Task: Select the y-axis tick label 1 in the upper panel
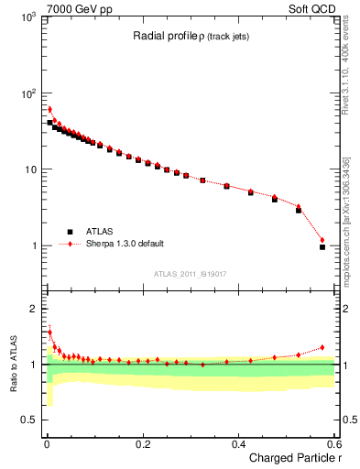[33, 246]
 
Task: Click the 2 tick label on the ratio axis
[33, 309]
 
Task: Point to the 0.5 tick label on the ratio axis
[28, 420]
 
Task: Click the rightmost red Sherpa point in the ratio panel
[322, 347]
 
